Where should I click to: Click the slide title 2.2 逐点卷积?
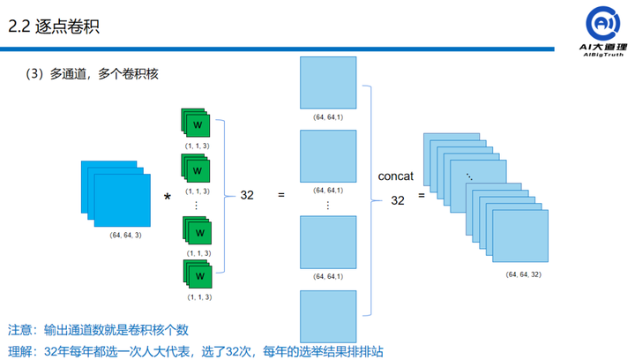click(54, 26)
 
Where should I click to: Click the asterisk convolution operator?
click(167, 196)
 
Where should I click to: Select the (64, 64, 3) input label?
click(126, 235)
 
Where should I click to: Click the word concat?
click(397, 176)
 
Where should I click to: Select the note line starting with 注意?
click(99, 330)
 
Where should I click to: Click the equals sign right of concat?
click(422, 195)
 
